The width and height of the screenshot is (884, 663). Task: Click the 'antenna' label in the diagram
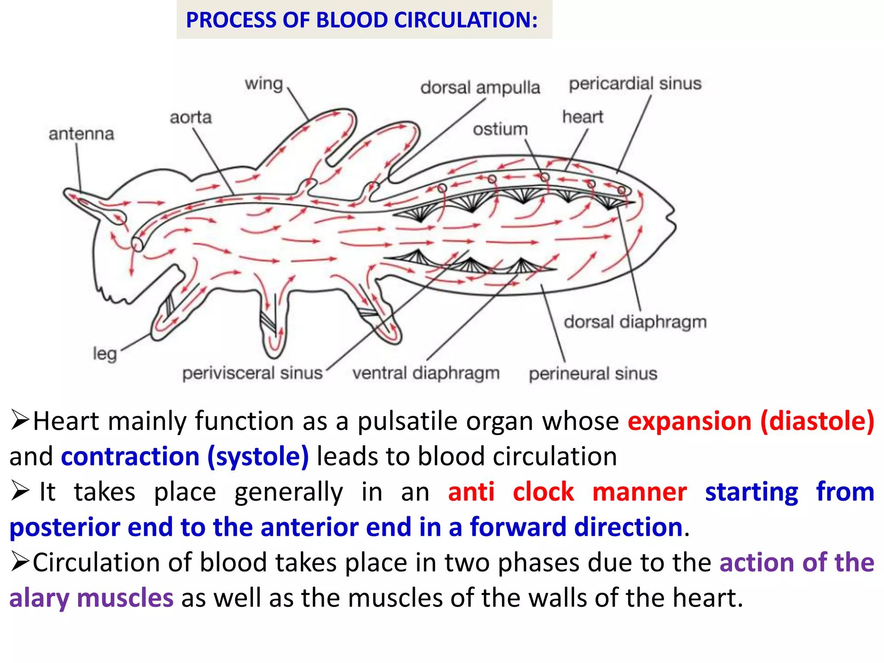81,134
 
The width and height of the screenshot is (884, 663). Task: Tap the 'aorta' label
190,117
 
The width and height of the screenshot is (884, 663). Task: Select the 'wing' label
264,84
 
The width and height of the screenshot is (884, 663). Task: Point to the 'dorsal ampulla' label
480,88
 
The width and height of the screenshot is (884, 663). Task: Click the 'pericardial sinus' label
635,84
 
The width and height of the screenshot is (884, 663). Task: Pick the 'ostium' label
500,129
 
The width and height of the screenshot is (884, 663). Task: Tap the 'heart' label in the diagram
582,117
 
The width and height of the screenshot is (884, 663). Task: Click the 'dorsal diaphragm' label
635,322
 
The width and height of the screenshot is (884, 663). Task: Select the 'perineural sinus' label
593,373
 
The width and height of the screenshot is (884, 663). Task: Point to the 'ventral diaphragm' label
426,373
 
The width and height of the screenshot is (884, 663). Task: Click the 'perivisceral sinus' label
252,373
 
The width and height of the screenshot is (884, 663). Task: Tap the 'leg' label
105,354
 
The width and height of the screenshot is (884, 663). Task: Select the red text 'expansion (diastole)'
751,421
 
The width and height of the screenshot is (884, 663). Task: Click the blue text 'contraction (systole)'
185,456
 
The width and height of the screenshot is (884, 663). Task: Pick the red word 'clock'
543,492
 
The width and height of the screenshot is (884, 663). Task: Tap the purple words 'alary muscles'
91,598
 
